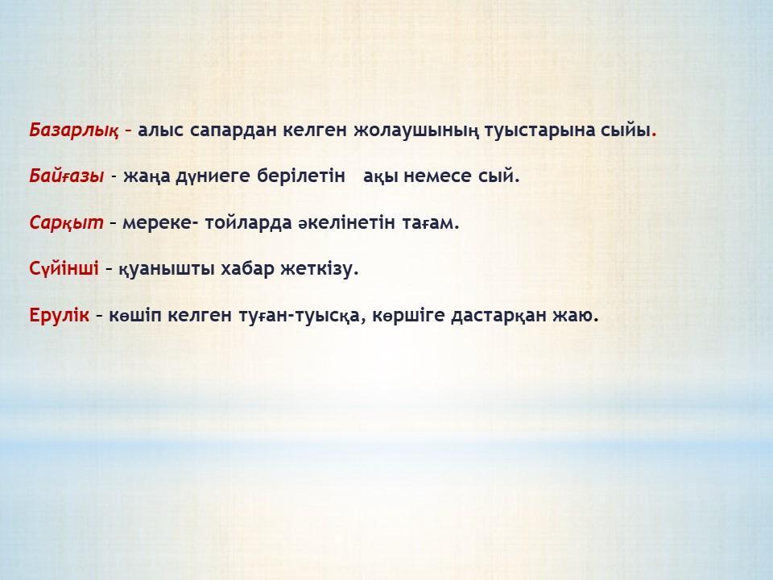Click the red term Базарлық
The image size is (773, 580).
(74, 130)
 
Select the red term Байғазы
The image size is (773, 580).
(67, 176)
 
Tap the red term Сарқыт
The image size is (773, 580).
(67, 222)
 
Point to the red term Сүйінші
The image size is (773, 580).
(64, 269)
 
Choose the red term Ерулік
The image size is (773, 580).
(59, 315)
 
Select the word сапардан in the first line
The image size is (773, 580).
(234, 130)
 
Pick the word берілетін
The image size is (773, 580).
(301, 176)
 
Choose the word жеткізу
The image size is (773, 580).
(320, 269)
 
